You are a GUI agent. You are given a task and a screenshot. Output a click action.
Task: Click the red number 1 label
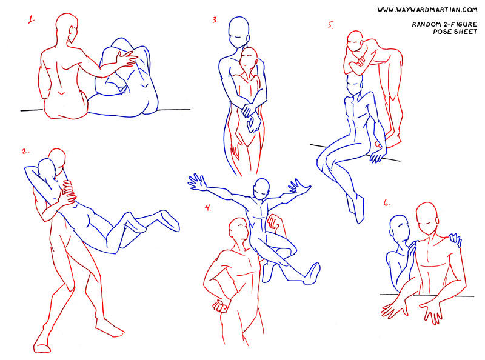tap(32, 19)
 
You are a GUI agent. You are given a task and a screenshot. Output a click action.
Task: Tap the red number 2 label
tap(25, 152)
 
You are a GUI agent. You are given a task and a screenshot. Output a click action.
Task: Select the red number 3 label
tap(216, 20)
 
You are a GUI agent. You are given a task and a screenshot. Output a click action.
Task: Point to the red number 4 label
tap(208, 208)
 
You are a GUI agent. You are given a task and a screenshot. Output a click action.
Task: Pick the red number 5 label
tap(330, 25)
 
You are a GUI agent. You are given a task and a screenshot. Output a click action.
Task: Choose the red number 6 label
tap(387, 203)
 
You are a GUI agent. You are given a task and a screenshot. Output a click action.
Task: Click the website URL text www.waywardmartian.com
tap(427, 10)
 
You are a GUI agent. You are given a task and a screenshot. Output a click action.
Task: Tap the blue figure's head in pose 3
tap(238, 32)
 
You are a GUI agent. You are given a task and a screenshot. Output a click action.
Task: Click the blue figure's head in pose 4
tap(261, 188)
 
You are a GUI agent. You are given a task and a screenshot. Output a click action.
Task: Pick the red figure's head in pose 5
tap(355, 41)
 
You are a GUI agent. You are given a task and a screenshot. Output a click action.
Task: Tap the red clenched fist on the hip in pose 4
tap(221, 305)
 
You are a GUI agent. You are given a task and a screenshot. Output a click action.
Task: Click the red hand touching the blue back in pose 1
tap(127, 59)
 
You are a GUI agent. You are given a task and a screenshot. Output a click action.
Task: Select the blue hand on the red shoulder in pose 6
tap(455, 239)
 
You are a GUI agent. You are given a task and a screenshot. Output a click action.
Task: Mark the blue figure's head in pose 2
tap(47, 172)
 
